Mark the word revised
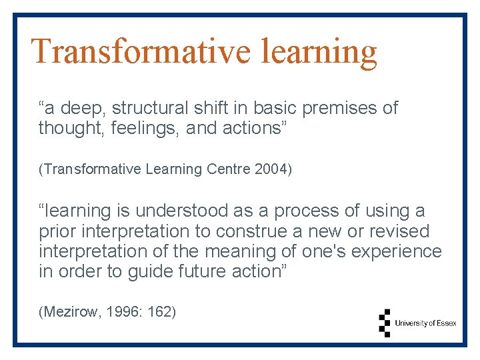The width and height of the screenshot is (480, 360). [x=397, y=231]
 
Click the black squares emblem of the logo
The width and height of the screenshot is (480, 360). [x=384, y=323]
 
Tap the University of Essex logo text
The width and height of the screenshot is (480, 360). [x=425, y=323]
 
